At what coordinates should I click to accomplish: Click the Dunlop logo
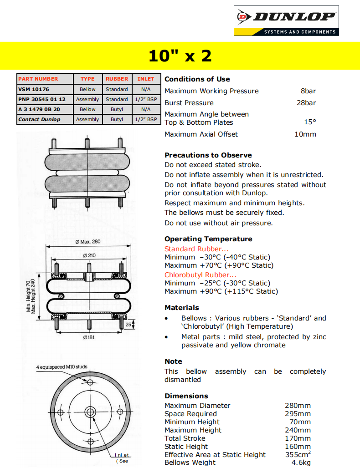point(286,21)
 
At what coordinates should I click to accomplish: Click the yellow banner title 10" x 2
point(180,56)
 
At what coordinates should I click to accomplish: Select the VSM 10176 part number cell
point(34,89)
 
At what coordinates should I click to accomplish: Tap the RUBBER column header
point(117,79)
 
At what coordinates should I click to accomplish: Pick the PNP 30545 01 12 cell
point(42,99)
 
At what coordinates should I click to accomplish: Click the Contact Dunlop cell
point(39,119)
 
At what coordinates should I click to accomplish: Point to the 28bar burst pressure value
point(306,102)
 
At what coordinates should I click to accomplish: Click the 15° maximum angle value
point(310,122)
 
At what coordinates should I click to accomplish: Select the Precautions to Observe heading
point(208,155)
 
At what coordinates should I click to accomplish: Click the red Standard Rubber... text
point(196,249)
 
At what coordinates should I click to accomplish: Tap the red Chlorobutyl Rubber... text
point(201,275)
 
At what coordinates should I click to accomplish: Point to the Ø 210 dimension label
point(89,255)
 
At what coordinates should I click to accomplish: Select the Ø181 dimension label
point(89,337)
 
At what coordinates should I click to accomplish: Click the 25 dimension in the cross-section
point(128,325)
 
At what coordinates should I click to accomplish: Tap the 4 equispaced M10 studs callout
point(62,366)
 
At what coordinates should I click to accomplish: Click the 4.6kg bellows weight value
point(301,463)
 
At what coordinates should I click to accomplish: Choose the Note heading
point(173,361)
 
